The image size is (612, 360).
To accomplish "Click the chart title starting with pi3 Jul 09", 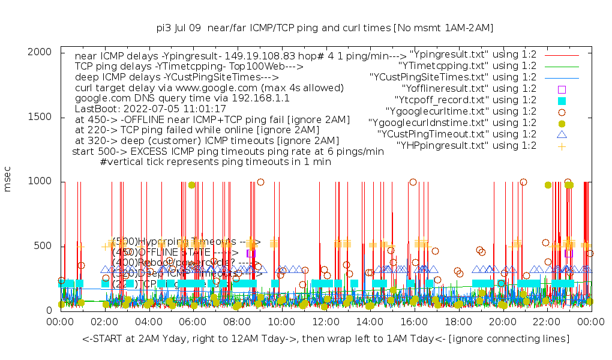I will coord(325,28).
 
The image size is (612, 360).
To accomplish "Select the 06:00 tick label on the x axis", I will coord(193,322).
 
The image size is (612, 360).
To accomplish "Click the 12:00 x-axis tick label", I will coord(326,322).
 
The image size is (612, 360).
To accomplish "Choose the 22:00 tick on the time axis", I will coord(547,322).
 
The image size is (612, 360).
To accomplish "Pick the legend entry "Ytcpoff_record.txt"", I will coord(465,100).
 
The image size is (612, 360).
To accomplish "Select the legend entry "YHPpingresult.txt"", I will coord(466,146).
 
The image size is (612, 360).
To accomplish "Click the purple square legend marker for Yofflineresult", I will coord(562,89).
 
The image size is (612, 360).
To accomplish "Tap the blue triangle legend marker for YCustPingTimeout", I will coord(562,134).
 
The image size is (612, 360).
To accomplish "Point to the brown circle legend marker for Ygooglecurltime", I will coord(562,112).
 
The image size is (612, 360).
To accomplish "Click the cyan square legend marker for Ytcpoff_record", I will coord(562,100).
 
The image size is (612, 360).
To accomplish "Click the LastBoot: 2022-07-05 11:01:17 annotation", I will coord(150,109).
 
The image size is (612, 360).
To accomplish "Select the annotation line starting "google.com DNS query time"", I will coord(182,97).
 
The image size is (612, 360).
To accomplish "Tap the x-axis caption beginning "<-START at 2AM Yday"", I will coord(325,339).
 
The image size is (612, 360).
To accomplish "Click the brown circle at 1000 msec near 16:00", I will coord(413,182).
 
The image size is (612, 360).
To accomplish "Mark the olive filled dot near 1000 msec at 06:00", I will coord(191,185).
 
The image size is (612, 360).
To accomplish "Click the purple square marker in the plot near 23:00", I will coord(569,253).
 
